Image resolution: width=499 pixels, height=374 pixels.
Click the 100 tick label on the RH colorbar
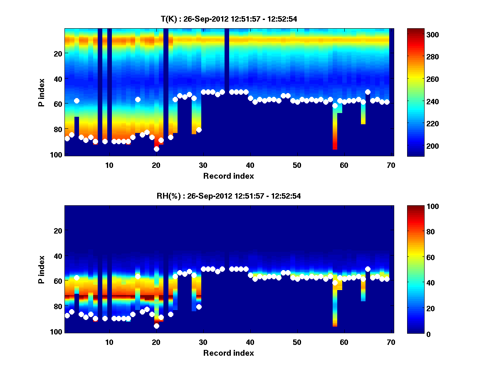click(x=417, y=207)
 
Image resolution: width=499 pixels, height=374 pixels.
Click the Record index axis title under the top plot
click(x=229, y=176)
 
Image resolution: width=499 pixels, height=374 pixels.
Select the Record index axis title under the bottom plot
click(x=229, y=353)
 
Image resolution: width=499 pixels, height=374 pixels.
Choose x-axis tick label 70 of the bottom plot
click(x=391, y=342)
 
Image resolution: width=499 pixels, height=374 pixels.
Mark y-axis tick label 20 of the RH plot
click(x=57, y=231)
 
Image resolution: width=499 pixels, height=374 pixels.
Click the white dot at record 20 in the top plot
click(x=156, y=149)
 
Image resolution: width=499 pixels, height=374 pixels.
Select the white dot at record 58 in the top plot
click(x=335, y=106)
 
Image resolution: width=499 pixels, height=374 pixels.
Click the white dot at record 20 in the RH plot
click(x=156, y=326)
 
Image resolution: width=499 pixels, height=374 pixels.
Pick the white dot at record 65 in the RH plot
click(x=368, y=269)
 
